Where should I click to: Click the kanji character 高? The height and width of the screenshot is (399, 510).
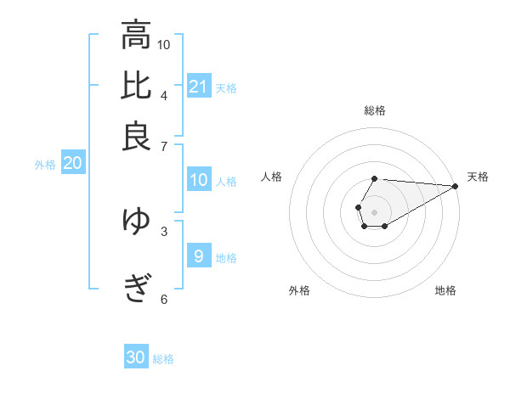136,36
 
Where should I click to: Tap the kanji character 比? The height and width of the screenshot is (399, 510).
136,87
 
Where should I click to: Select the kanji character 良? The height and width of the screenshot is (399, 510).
136,137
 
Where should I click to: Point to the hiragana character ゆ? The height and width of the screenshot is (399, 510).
136,222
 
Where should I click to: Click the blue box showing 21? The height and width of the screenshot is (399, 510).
198,86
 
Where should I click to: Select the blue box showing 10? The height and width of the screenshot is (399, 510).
198,180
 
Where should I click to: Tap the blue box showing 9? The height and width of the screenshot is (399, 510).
198,256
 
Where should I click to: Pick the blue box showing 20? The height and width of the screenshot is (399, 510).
71,164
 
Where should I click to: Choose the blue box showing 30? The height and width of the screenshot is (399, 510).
136,357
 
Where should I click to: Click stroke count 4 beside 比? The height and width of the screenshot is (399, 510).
164,95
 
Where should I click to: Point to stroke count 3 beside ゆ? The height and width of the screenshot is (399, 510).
164,230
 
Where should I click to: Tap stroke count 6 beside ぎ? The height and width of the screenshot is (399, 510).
164,299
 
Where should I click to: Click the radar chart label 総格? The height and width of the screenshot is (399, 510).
374,110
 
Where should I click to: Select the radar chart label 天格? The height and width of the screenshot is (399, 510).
478,177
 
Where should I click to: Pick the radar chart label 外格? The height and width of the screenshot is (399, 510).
299,290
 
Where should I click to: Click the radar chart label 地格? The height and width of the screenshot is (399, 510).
445,290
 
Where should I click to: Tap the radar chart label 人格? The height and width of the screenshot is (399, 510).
272,177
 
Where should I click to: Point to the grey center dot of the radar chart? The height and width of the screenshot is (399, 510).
374,211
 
